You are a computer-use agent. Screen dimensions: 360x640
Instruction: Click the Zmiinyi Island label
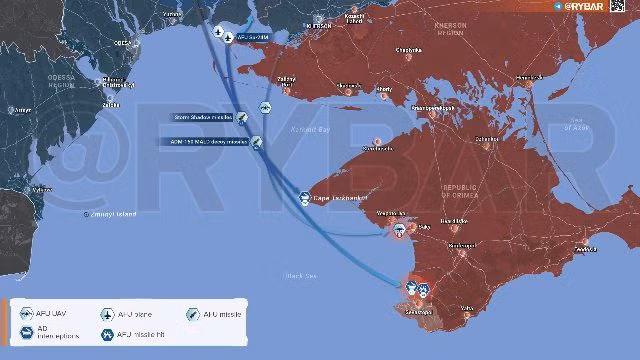coord(111,213)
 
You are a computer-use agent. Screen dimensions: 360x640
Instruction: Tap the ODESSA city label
coord(123,44)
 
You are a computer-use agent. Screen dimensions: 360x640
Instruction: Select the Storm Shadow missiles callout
coord(204,116)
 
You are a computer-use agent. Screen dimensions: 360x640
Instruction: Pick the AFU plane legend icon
coord(107,314)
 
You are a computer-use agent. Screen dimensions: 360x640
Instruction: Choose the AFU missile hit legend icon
coord(107,334)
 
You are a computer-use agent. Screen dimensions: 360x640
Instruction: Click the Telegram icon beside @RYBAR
coord(557,6)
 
